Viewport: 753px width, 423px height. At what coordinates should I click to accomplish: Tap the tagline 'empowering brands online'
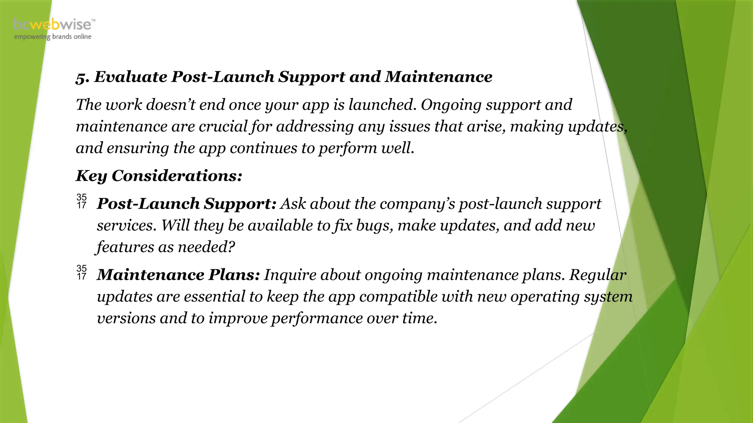53,37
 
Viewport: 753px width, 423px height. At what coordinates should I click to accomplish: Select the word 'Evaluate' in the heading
131,77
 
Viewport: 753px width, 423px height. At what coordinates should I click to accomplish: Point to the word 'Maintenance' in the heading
438,77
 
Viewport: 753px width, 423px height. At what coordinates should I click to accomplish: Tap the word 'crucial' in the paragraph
223,127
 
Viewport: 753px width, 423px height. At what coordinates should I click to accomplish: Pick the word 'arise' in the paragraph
485,127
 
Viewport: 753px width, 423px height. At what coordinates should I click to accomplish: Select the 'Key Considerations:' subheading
159,176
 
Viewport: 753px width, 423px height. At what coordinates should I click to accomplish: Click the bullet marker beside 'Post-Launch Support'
82,201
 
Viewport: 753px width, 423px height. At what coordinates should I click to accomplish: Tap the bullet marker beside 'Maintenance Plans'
82,272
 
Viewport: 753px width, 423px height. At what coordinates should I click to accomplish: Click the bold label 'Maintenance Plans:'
178,275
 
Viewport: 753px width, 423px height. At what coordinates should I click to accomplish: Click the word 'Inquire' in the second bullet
290,275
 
